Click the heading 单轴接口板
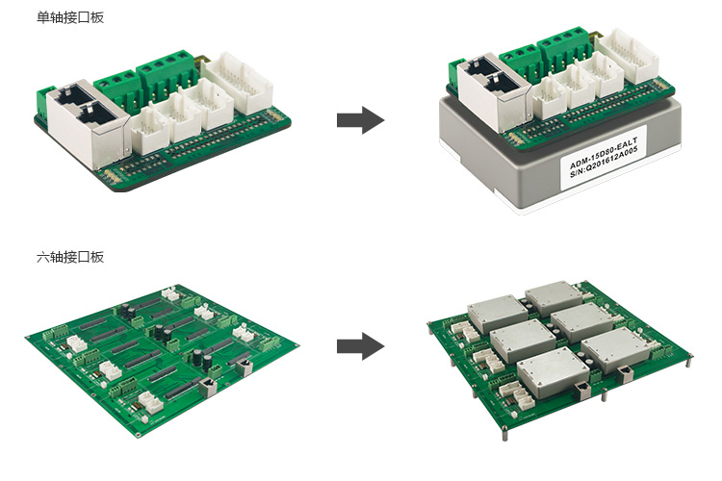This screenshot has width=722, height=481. (x=70, y=17)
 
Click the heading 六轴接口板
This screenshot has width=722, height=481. (x=70, y=257)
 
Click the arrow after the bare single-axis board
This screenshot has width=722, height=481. (x=361, y=120)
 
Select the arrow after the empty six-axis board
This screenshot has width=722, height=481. (x=361, y=346)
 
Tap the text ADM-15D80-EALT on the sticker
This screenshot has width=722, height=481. (x=604, y=152)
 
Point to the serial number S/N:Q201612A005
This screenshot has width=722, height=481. (x=605, y=163)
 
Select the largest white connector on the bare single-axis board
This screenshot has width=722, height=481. (x=237, y=83)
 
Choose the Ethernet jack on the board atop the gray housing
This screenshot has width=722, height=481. (x=493, y=89)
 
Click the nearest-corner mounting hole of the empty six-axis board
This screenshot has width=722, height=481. (x=138, y=435)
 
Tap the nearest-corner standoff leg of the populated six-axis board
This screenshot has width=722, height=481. (x=504, y=434)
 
